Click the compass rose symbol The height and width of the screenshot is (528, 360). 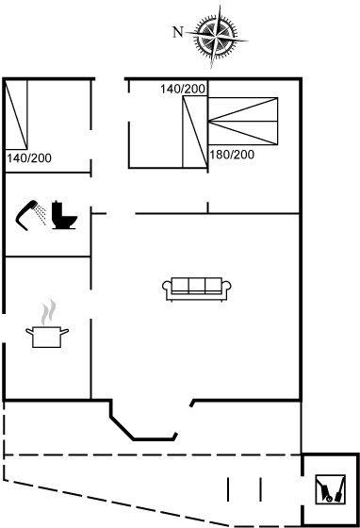217,36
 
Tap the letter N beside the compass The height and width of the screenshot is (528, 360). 178,32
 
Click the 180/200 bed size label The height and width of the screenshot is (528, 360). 232,155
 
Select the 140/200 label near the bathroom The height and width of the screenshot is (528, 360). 29,158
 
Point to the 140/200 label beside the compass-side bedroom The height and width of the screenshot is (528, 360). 183,89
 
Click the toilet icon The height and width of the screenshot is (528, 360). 65,215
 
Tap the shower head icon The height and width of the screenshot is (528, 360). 26,215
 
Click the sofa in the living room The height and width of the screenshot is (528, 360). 197,289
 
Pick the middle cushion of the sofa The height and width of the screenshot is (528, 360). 197,286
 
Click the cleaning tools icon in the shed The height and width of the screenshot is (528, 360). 331,489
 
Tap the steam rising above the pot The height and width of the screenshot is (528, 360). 48,312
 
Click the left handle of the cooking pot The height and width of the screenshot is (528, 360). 29,332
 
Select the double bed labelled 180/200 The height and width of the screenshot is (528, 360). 243,122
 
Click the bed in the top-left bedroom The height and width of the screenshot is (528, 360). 16,114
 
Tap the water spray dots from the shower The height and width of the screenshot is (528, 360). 41,214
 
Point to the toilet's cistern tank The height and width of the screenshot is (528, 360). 57,207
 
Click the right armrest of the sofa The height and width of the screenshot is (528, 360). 226,288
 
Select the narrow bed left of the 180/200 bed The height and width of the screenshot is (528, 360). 195,132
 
